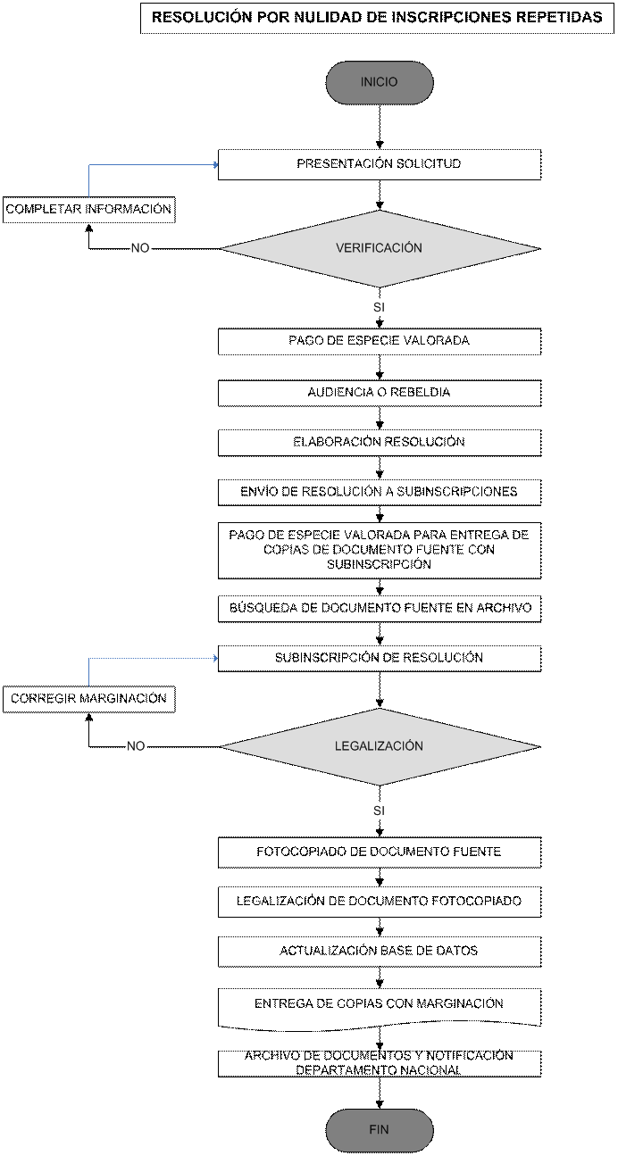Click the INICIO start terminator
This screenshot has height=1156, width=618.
point(380,82)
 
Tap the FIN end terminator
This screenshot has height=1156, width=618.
point(380,1130)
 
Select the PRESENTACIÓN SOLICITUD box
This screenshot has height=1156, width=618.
point(380,164)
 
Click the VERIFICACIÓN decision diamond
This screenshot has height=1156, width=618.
point(380,249)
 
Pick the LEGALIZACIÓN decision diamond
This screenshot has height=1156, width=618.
point(380,747)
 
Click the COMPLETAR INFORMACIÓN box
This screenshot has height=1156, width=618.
point(88,210)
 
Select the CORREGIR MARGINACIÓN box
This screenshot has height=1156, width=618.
point(88,699)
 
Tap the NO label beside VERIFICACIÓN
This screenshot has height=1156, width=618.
point(140,248)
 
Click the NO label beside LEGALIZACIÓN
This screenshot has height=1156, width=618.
point(136,746)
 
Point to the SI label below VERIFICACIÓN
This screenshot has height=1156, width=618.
point(380,307)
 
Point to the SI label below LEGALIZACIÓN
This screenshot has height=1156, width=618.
point(380,811)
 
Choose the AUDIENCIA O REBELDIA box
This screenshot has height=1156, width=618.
point(380,394)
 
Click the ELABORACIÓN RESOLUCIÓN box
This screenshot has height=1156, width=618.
point(380,443)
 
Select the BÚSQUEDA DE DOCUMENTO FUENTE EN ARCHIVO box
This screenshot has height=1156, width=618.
point(380,609)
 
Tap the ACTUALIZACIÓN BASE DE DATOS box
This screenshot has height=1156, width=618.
point(380,952)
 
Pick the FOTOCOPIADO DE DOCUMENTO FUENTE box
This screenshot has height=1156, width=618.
point(380,852)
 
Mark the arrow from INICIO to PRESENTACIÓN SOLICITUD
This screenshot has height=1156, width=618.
point(380,127)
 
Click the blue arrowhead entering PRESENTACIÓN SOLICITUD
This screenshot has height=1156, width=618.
point(215,164)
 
